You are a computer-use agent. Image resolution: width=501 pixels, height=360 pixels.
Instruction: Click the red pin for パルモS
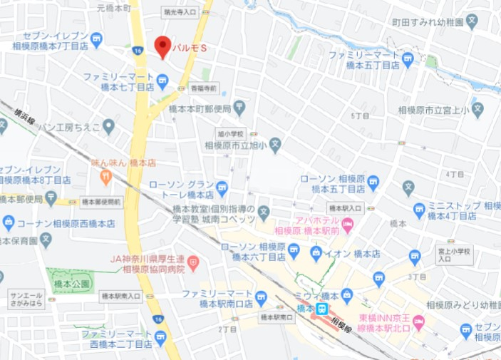[x=162, y=46]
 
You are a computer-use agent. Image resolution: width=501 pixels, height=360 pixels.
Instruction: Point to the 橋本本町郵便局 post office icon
[x=239, y=108]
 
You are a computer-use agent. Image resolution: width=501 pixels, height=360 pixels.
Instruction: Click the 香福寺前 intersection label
[x=205, y=88]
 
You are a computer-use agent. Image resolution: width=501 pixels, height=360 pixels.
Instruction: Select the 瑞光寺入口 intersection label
[x=179, y=12]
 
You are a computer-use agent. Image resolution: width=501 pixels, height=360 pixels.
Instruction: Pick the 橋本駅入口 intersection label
[x=347, y=208]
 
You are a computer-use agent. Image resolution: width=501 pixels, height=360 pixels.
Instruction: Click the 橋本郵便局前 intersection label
[x=100, y=202]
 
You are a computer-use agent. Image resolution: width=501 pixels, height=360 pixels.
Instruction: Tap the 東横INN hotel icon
[x=418, y=322]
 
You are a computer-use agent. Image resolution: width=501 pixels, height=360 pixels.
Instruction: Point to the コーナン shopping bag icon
[x=9, y=222]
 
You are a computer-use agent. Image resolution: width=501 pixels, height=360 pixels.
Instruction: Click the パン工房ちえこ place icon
[x=108, y=127]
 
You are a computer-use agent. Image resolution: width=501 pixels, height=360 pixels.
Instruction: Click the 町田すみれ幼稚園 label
[x=437, y=23]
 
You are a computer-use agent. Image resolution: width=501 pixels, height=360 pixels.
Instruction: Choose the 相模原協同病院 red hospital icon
[x=194, y=264]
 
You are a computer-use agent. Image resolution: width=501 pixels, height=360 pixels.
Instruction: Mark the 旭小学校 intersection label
[x=230, y=133]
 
